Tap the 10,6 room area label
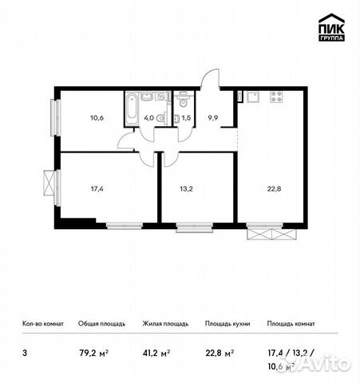coord(98,116)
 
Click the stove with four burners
coord(278,97)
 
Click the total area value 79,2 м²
coord(93,348)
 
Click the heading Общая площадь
coord(100,324)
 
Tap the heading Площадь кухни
coord(228,324)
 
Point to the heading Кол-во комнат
coord(42,324)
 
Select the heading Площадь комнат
coord(291,324)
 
